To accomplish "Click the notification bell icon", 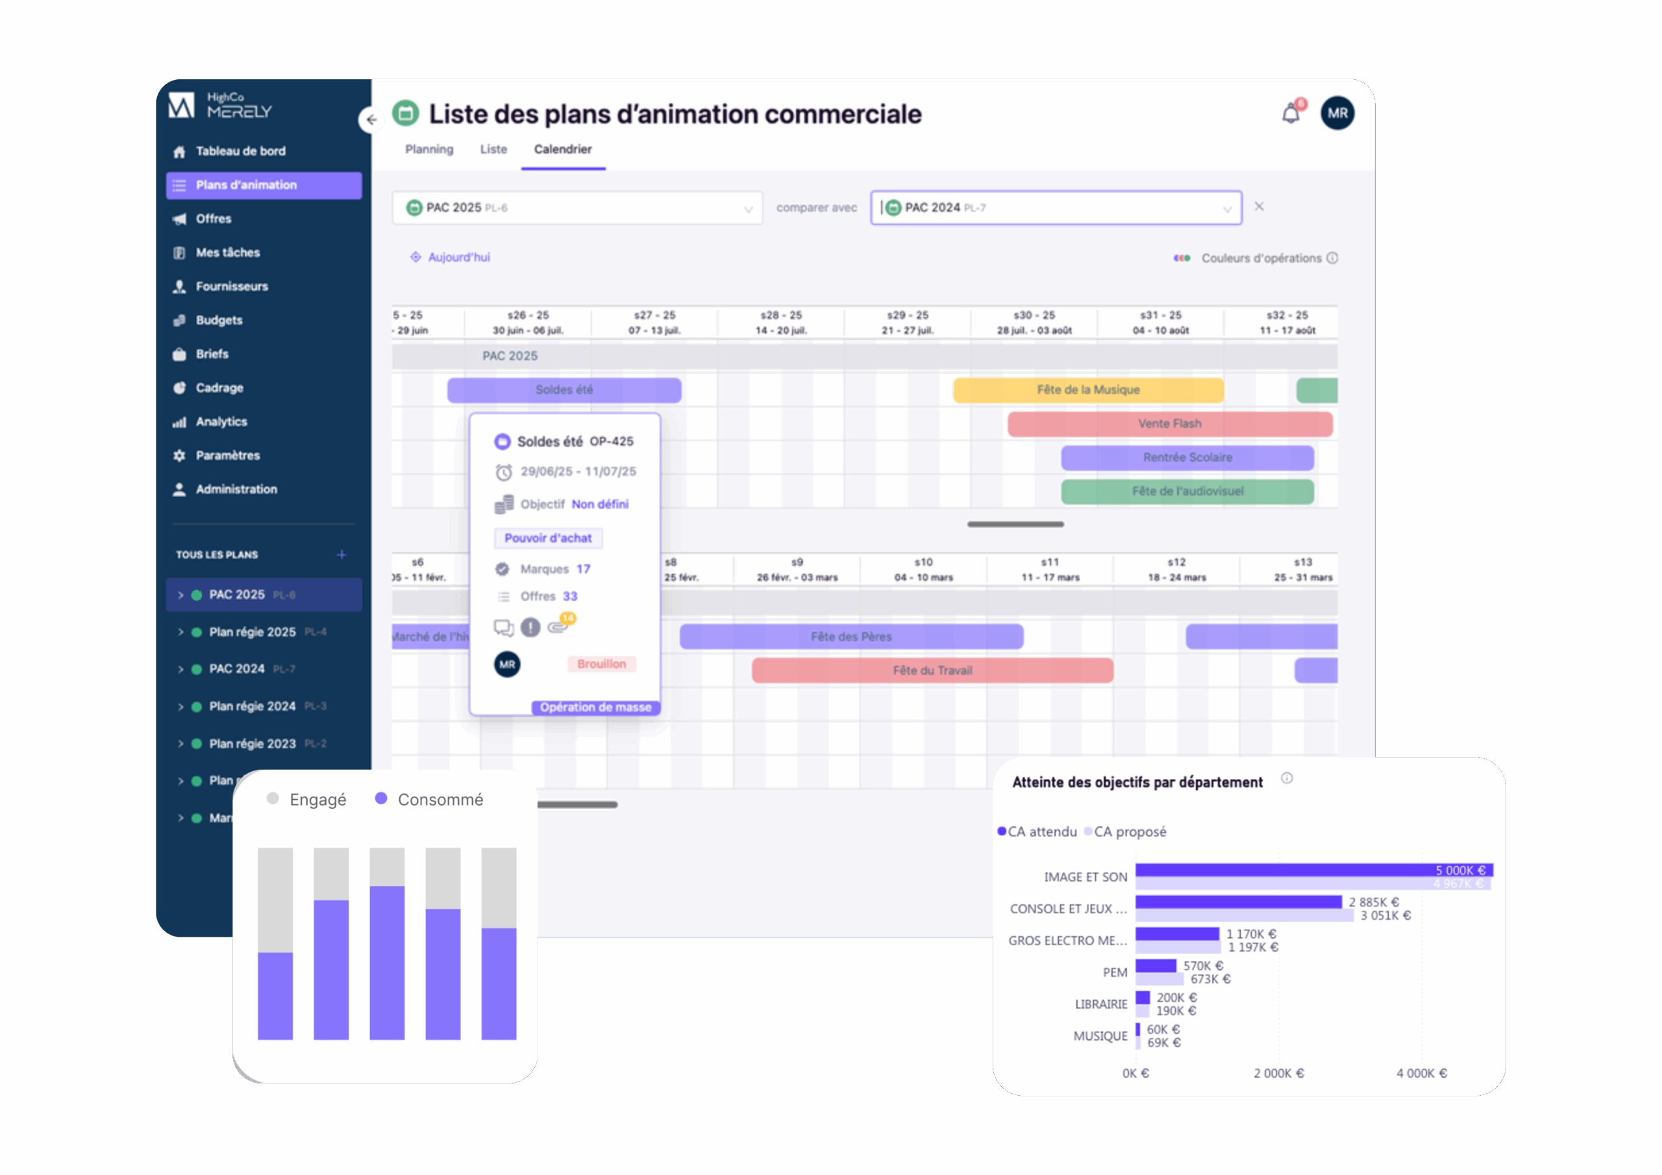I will click(x=1291, y=114).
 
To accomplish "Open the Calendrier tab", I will click(x=562, y=149).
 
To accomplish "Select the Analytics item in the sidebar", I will click(x=221, y=421).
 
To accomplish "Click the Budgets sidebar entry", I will click(x=219, y=320).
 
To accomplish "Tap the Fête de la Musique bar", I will click(x=1088, y=390).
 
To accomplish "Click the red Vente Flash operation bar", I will click(x=1169, y=423).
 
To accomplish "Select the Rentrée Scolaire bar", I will click(x=1187, y=458).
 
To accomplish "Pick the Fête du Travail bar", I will click(x=932, y=671).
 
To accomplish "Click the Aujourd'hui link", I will click(x=458, y=257).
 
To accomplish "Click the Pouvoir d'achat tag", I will click(x=548, y=538).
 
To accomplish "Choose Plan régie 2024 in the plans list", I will click(x=252, y=706).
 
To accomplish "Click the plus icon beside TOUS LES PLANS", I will click(x=341, y=554).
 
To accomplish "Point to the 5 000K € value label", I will click(x=1460, y=870).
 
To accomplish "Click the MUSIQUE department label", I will click(x=1100, y=1036).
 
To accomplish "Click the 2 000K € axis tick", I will click(x=1278, y=1073).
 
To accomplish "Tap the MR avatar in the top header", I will click(x=1337, y=113).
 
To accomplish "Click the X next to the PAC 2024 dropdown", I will click(x=1259, y=206).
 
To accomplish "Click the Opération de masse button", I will click(x=595, y=708).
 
